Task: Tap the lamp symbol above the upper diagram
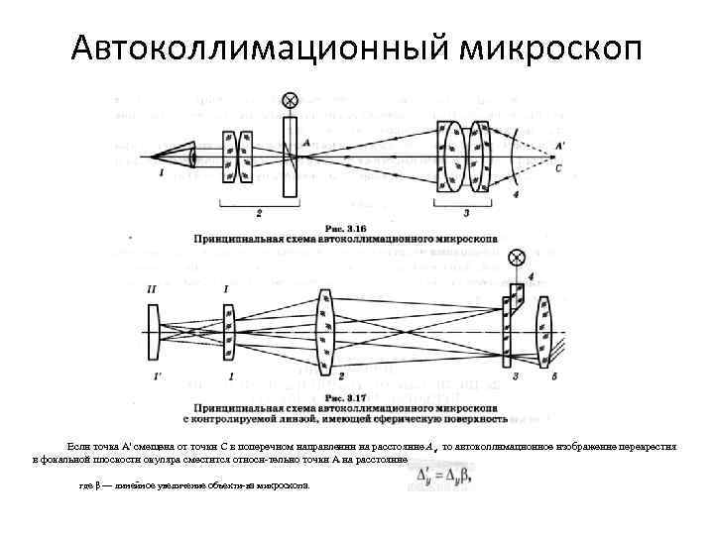click(290, 101)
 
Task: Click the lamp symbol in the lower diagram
click(516, 257)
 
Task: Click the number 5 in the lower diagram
click(553, 377)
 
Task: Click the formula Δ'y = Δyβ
click(443, 477)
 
